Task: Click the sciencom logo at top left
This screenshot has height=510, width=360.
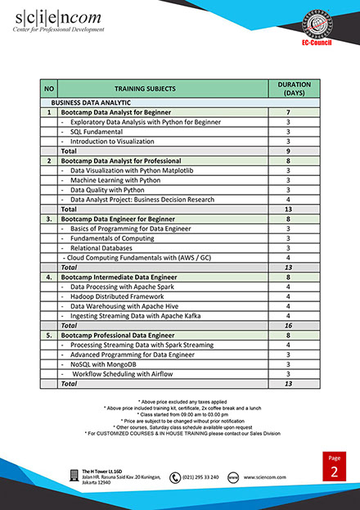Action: tap(58, 20)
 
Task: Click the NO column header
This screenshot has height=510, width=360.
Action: tap(48, 88)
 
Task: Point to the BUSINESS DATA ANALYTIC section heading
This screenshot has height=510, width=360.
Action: tap(82, 102)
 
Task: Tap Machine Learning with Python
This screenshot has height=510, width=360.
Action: tap(115, 180)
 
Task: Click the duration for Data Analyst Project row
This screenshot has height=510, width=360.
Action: tap(288, 200)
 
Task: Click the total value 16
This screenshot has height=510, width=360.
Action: tap(288, 325)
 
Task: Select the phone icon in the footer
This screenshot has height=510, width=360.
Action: tap(175, 477)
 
